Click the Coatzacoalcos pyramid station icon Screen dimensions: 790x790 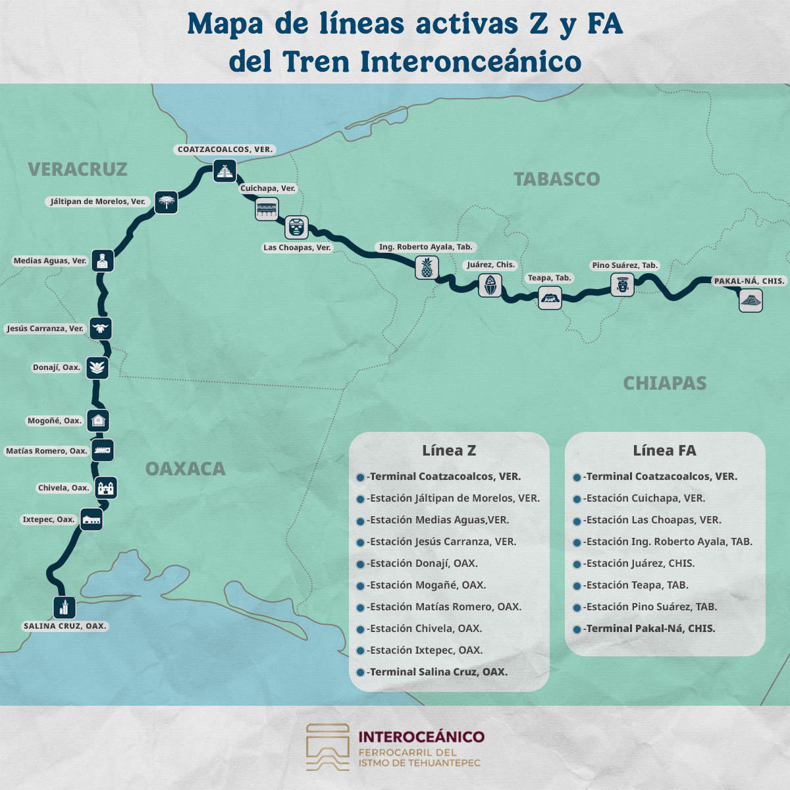[224, 171]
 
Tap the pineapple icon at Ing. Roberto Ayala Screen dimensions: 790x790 [427, 268]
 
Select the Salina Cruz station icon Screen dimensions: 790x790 [65, 606]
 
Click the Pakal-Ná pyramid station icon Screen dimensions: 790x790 [750, 301]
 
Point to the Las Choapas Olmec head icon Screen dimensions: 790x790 [296, 227]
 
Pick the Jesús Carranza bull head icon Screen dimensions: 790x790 [101, 328]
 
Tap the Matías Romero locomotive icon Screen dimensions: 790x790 [102, 450]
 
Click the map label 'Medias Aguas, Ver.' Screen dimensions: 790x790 [50, 261]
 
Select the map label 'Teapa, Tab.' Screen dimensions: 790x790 [549, 278]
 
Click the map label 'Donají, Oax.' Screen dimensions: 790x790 [57, 367]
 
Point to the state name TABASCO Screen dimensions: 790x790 [557, 179]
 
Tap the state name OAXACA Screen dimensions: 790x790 [185, 469]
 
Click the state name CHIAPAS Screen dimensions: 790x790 [664, 383]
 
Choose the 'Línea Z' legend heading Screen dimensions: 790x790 [449, 450]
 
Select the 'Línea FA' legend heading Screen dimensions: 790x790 [664, 450]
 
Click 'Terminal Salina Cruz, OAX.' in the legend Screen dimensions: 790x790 [438, 672]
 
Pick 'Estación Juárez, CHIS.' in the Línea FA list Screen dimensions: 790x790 [640, 564]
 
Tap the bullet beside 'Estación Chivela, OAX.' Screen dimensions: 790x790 [360, 629]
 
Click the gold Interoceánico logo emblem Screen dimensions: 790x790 [328, 748]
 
